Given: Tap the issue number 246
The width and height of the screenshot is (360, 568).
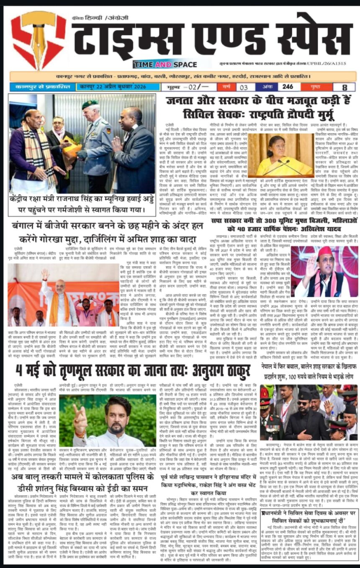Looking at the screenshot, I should [288, 87].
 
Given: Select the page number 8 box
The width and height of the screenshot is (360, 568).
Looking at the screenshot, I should [345, 87].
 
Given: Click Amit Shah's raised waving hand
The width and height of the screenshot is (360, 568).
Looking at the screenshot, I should [45, 274].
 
